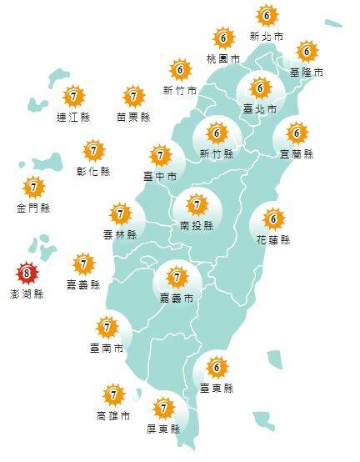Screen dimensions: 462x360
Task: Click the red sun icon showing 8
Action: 27,273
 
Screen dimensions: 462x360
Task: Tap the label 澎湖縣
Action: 28,294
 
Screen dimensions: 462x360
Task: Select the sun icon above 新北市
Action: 267,16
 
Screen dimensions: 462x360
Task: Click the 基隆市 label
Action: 307,73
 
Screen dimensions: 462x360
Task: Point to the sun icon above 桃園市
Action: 223,38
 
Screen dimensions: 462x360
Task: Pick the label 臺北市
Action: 260,108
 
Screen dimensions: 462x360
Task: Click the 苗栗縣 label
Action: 133,117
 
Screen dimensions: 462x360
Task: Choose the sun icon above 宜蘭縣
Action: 297,133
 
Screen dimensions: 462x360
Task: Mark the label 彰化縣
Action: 93,172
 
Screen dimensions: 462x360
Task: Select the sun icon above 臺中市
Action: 160,155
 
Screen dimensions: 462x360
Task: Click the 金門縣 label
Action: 33,208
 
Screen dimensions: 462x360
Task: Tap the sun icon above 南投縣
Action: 197,204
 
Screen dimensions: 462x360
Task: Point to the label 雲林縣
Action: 121,235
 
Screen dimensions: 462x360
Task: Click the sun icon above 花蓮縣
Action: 272,219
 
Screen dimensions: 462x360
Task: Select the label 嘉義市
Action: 177,298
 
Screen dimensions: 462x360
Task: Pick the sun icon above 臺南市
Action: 107,326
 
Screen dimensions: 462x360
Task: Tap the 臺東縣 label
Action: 217,388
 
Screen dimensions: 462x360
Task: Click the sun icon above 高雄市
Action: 113,394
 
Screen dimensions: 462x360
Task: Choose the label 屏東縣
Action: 163,429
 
